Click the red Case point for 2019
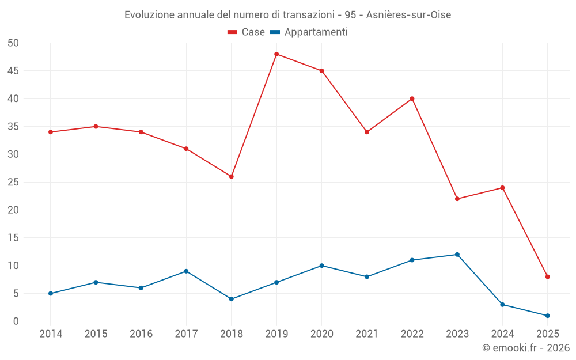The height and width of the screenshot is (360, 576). (276, 54)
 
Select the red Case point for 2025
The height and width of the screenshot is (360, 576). (547, 276)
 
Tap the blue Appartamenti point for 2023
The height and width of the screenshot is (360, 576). (457, 255)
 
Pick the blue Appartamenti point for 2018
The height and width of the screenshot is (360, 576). (231, 299)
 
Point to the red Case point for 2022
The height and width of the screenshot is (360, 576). (412, 98)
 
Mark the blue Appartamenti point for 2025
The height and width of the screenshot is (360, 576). (547, 316)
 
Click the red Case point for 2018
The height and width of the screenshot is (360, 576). (231, 176)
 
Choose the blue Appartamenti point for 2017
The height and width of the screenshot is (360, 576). (186, 271)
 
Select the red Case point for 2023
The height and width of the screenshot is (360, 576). (457, 199)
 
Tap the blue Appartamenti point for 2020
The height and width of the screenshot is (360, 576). (321, 266)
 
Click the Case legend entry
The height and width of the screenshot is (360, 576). (247, 32)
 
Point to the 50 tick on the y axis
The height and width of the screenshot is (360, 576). (13, 43)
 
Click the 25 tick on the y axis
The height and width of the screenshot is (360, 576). (13, 182)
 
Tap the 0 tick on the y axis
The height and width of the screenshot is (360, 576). (16, 321)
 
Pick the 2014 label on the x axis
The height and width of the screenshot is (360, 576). (51, 334)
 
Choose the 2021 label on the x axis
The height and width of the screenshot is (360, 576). (367, 334)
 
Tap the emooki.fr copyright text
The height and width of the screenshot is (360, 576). (525, 348)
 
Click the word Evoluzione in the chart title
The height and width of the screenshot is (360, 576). (150, 14)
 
